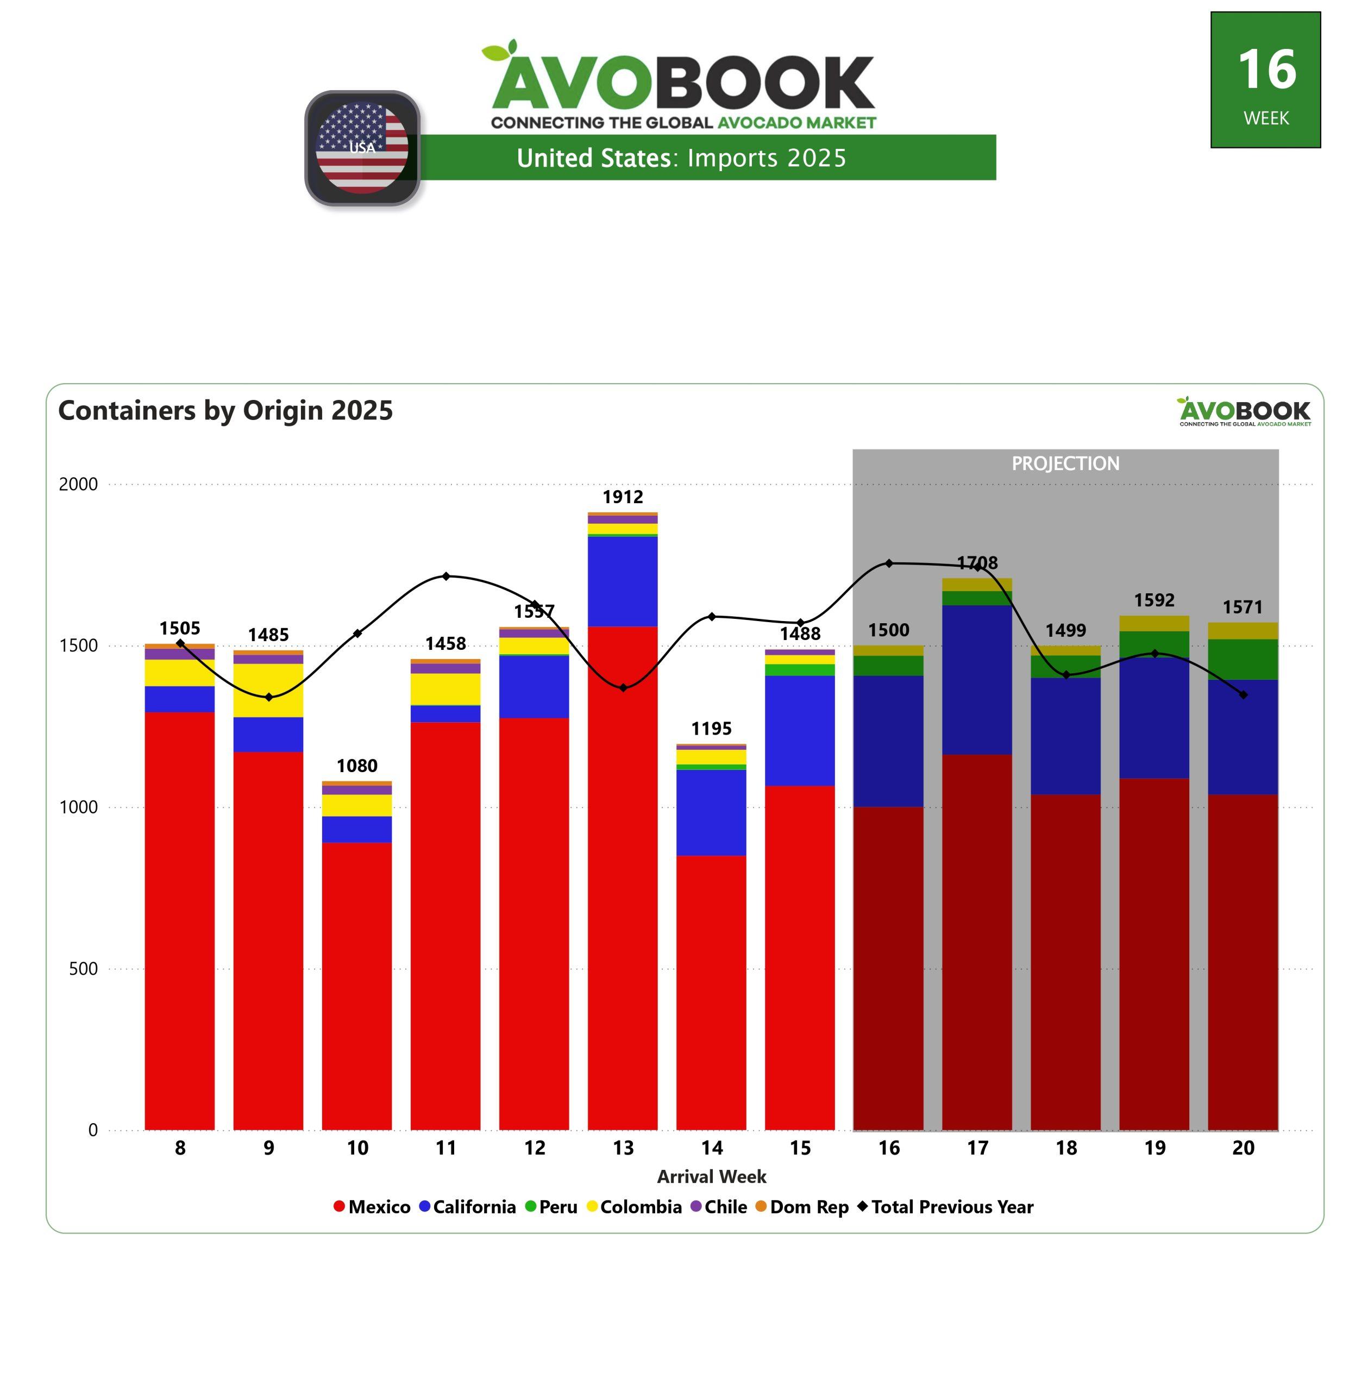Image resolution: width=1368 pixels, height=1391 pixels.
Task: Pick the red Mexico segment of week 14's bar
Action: click(711, 992)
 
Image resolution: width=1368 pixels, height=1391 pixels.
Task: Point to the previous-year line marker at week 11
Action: click(446, 576)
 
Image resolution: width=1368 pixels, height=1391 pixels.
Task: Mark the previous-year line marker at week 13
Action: click(623, 687)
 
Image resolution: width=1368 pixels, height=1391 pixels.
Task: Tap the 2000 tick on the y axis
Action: click(78, 484)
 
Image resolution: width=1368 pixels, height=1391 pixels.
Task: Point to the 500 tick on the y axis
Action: click(83, 968)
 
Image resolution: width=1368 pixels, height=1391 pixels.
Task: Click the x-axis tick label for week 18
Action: click(1065, 1148)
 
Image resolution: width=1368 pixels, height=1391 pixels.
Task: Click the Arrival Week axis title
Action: click(711, 1177)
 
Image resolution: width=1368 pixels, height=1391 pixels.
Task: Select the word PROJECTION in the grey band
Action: click(1065, 463)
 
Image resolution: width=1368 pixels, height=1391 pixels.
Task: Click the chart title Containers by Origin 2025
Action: click(225, 410)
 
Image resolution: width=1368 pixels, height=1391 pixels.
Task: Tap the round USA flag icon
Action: click(362, 148)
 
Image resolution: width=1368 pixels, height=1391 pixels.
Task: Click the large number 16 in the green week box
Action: click(1267, 70)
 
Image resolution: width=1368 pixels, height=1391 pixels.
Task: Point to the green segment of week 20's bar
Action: click(1243, 659)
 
